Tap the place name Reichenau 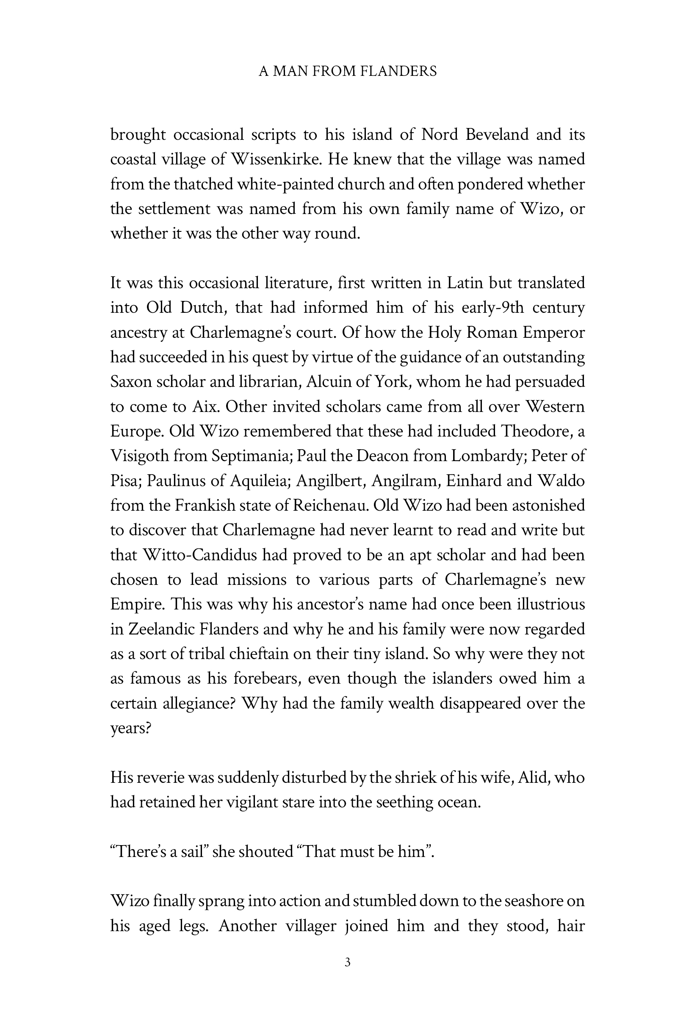tap(329, 505)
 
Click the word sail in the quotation tap(191, 852)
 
